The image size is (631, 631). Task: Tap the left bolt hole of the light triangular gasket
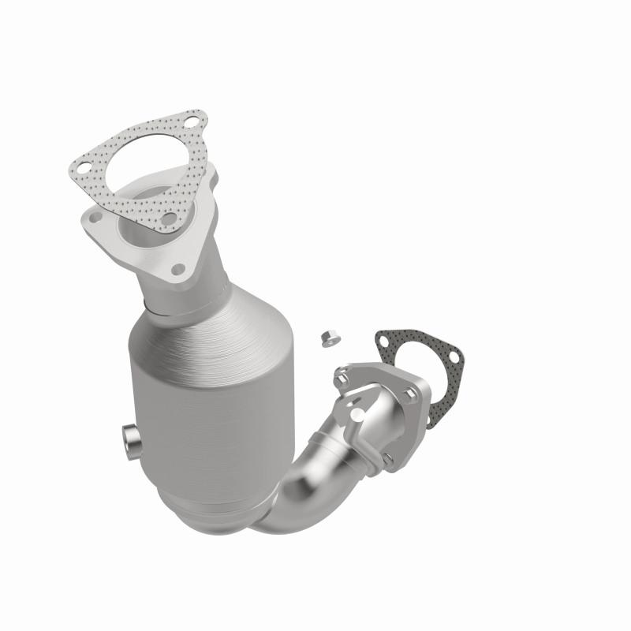coord(81,167)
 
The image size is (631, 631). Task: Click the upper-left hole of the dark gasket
coord(384,342)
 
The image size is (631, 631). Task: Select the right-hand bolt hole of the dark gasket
coord(453,357)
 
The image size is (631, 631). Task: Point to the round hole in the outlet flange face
coord(357,412)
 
